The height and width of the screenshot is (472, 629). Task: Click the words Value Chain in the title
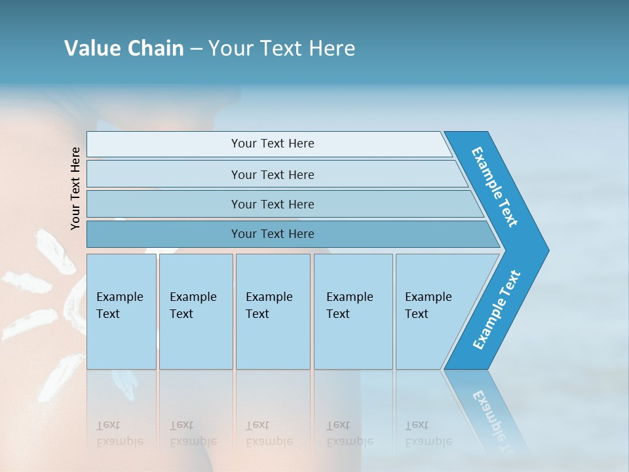click(x=124, y=49)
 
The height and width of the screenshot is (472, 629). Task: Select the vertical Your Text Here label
click(x=75, y=188)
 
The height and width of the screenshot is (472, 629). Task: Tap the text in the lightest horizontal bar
click(x=273, y=144)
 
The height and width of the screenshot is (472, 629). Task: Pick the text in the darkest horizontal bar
click(x=273, y=234)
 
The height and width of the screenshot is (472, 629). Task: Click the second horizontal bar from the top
click(x=273, y=174)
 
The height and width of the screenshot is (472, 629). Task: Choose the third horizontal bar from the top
click(x=273, y=205)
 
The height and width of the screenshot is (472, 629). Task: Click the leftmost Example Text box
click(x=121, y=311)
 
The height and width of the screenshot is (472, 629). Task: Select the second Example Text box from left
click(x=195, y=311)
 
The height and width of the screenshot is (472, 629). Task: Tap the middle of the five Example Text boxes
click(x=273, y=311)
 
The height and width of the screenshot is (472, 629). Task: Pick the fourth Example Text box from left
click(x=353, y=311)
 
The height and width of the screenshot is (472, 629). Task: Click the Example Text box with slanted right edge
click(x=432, y=311)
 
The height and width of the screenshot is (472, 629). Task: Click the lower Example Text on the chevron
click(x=496, y=310)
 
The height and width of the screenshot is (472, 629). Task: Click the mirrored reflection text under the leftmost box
click(x=119, y=434)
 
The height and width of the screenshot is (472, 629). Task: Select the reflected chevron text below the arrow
click(x=491, y=413)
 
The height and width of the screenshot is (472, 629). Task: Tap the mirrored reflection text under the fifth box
click(x=428, y=434)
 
